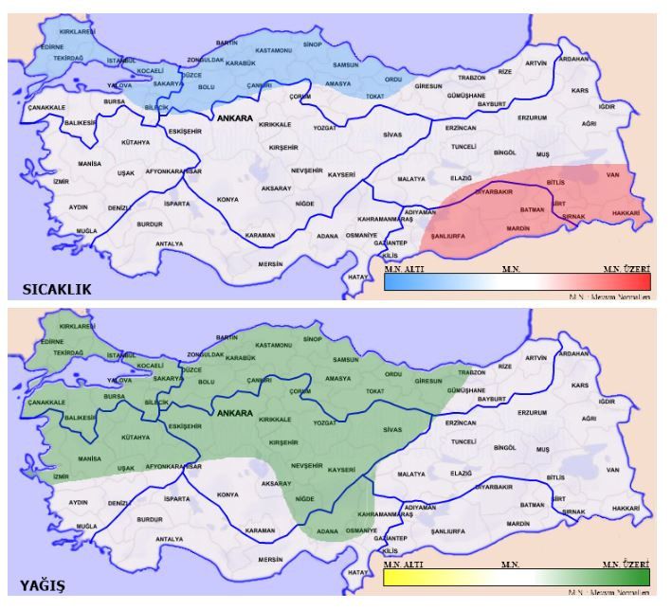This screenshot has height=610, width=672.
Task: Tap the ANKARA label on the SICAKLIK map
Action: (234, 119)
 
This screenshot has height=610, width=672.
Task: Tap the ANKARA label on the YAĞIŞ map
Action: (234, 414)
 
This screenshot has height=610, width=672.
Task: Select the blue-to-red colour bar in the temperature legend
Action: (517, 281)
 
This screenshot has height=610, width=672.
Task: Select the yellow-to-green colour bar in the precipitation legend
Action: (517, 576)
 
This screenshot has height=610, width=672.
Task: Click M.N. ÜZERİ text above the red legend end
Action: (627, 270)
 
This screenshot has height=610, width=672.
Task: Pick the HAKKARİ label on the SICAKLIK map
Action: (625, 214)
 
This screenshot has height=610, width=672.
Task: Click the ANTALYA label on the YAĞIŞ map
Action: (169, 539)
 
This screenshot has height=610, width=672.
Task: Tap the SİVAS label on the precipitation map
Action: (392, 430)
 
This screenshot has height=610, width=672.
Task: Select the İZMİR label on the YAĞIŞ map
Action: (62, 476)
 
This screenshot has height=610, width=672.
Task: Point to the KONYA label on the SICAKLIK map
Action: (227, 200)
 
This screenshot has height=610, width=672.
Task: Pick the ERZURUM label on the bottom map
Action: (533, 413)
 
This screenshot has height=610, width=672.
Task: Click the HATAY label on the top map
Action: (357, 277)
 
